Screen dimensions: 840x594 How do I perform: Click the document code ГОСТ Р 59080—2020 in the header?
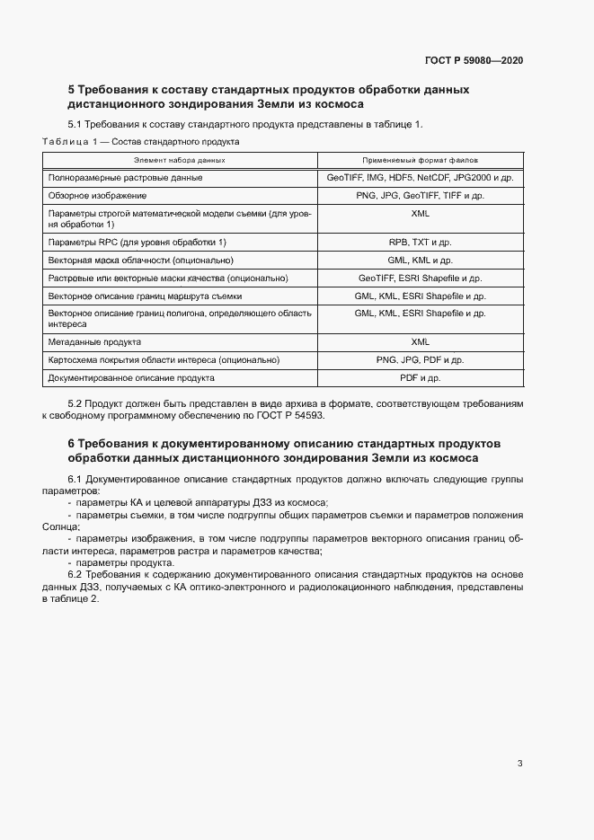pos(474,60)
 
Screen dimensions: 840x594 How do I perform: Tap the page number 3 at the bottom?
pos(519,765)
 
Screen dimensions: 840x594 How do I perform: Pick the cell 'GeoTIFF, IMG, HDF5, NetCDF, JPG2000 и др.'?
pos(420,178)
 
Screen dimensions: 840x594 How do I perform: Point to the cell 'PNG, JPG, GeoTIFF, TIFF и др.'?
pos(420,195)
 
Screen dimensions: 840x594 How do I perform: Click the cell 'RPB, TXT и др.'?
pos(420,243)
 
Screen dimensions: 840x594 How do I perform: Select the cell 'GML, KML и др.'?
pos(420,261)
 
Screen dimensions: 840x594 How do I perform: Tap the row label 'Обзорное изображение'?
pos(97,195)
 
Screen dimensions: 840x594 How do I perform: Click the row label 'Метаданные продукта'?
pos(94,342)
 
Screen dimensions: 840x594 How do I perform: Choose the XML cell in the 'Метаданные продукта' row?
pos(420,342)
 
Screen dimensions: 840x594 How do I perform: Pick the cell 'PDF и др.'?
pos(420,378)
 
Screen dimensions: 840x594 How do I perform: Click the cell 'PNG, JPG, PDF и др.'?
pos(420,360)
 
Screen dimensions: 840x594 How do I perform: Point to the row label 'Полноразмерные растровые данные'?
pos(125,178)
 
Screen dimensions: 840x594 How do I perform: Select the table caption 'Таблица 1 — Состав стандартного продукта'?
pos(140,142)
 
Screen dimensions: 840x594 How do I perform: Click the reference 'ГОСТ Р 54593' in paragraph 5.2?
pos(292,417)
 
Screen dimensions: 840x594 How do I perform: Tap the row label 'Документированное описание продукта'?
pos(131,378)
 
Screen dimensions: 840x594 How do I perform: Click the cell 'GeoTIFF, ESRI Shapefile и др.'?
pos(420,279)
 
